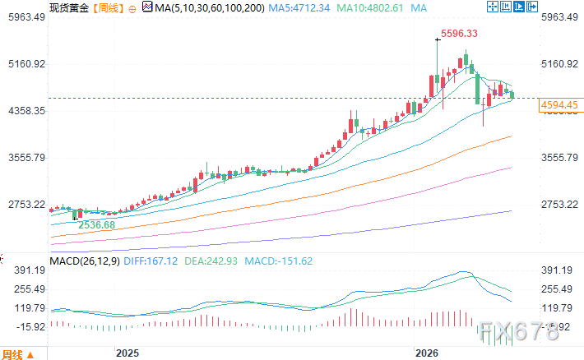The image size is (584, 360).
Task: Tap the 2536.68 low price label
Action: (96, 224)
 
